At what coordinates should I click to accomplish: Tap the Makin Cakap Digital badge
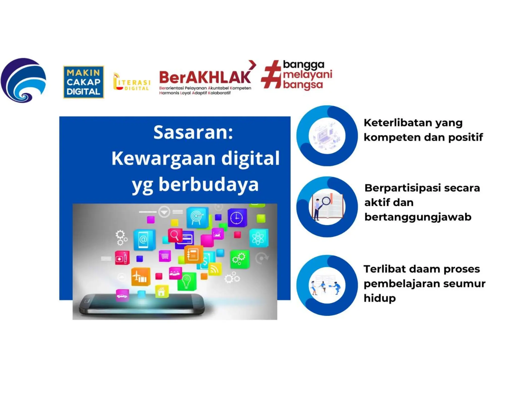[x=83, y=82]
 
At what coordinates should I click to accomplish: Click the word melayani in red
[x=307, y=75]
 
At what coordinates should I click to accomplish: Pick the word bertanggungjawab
[x=418, y=217]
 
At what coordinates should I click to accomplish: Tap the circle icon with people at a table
[x=327, y=285]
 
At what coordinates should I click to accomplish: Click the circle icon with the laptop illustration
[x=327, y=136]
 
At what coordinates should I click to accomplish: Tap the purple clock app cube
[x=237, y=217]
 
